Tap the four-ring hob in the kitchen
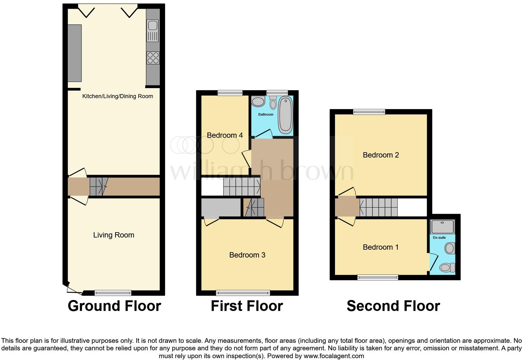[153, 58]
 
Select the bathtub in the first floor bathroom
[285, 114]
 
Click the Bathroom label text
[266, 115]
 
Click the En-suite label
[439, 237]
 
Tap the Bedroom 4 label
[225, 135]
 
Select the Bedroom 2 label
[381, 155]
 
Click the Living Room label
[114, 235]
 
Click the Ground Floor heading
[114, 306]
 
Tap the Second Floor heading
[393, 306]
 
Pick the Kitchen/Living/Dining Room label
[117, 96]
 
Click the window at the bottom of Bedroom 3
[243, 293]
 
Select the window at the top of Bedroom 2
[369, 112]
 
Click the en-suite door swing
[433, 262]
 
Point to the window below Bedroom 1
[378, 277]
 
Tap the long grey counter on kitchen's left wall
[75, 53]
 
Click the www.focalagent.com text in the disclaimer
[333, 356]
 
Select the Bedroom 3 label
[247, 255]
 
